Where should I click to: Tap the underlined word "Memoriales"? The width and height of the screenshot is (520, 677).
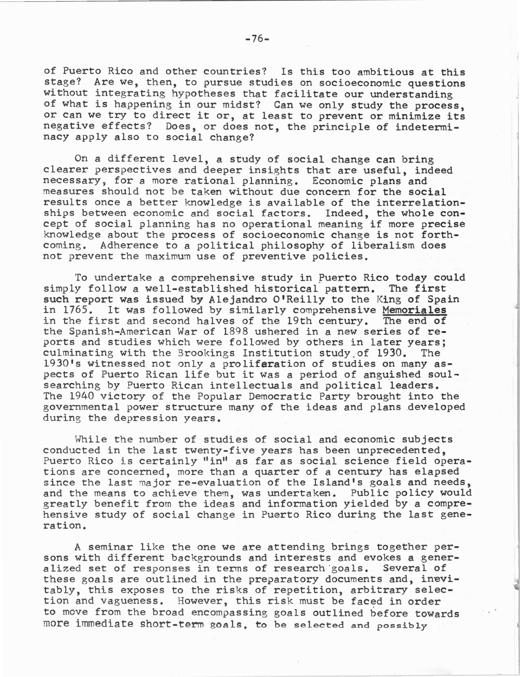pyautogui.click(x=414, y=310)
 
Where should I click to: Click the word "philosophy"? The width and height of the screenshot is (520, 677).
pyautogui.click(x=292, y=246)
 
